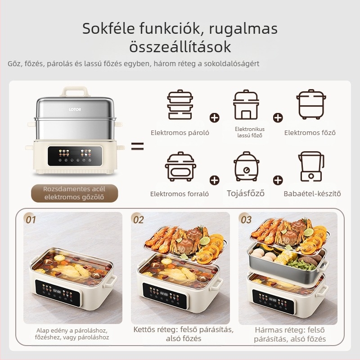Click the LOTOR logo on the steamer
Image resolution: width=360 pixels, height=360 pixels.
click(75, 110)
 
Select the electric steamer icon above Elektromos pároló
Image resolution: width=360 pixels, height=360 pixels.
click(180, 105)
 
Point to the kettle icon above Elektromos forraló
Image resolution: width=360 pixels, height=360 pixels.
click(180, 167)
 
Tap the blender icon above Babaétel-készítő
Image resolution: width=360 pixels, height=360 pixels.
click(311, 167)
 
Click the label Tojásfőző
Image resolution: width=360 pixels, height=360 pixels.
click(245, 193)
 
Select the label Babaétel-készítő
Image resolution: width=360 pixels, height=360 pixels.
click(312, 194)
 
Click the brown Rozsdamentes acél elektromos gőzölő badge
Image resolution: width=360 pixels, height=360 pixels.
click(75, 193)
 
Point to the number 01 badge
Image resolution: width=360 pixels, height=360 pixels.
click(31, 220)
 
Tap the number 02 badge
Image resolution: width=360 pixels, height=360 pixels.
click(138, 220)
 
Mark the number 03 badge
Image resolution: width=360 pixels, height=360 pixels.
click(246, 220)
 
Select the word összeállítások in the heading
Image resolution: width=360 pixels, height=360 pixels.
click(180, 46)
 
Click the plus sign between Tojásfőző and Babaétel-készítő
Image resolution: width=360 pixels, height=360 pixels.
click(278, 180)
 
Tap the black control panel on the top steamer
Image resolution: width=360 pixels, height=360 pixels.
click(75, 155)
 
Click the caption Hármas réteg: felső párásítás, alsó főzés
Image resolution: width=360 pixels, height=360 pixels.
click(290, 334)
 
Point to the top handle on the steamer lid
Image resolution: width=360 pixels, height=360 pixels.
click(75, 91)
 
